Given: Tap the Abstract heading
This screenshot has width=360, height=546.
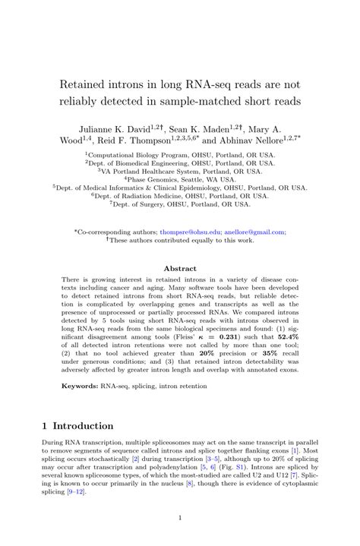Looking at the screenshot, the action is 180,268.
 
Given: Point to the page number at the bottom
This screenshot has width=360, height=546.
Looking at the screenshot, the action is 180,519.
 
